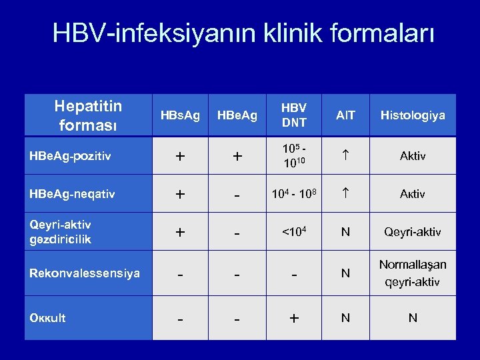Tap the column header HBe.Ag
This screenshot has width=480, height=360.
(237, 115)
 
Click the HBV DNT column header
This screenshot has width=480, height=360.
(293, 115)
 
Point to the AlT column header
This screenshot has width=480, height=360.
(345, 115)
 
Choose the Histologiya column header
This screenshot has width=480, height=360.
(413, 115)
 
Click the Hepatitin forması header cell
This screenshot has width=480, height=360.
(88, 115)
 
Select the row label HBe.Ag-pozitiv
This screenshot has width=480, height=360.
(70, 156)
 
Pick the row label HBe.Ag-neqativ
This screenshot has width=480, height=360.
(72, 194)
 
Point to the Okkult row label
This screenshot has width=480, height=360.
(48, 318)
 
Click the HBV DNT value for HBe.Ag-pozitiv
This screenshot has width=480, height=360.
(294, 156)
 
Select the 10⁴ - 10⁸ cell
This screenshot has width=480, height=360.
(294, 194)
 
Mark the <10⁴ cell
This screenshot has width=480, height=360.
(294, 232)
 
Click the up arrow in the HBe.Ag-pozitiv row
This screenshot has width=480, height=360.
(345, 156)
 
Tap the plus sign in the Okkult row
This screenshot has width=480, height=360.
(294, 319)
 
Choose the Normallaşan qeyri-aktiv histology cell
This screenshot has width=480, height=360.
(413, 273)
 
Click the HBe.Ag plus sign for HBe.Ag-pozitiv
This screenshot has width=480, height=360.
(237, 157)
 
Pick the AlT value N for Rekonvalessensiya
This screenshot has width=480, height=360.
(345, 273)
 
